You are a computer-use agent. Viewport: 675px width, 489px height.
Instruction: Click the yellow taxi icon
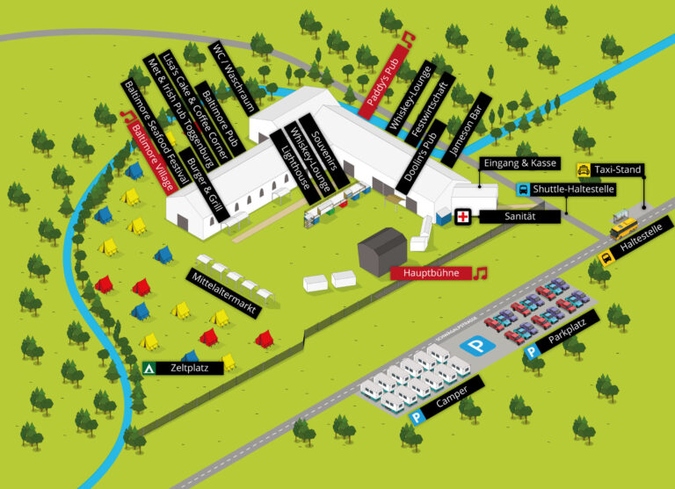(x=584, y=169)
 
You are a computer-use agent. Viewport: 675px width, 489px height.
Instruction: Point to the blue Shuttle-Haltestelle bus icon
(x=522, y=189)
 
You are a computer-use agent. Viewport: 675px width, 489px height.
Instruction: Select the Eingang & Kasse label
(x=519, y=163)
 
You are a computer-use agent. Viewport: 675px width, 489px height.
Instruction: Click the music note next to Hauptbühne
(x=480, y=273)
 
